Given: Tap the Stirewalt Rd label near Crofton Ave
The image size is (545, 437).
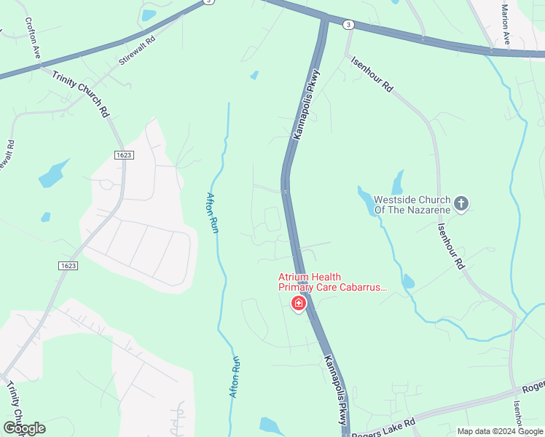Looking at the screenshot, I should pos(136,52).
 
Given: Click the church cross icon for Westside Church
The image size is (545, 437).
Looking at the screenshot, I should pos(460,204).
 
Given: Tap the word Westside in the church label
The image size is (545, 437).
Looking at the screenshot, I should pos(396,199).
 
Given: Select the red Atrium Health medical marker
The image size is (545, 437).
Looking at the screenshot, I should pos(298,304).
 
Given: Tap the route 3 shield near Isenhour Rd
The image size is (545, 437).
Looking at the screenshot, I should pos(350,25).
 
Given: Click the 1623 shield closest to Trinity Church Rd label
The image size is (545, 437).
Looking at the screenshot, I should pos(124,155).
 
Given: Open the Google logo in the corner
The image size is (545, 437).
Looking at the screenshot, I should pos(24,428).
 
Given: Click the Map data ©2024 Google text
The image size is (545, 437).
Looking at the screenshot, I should pos(499,431).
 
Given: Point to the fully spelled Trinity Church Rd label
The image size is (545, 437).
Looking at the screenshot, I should pos(80,94).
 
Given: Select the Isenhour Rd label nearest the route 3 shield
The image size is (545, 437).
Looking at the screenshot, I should pos(372,74).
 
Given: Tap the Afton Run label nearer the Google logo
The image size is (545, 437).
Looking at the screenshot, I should pos(235,376).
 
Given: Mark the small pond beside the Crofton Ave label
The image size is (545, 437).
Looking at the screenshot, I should pos(149,15).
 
